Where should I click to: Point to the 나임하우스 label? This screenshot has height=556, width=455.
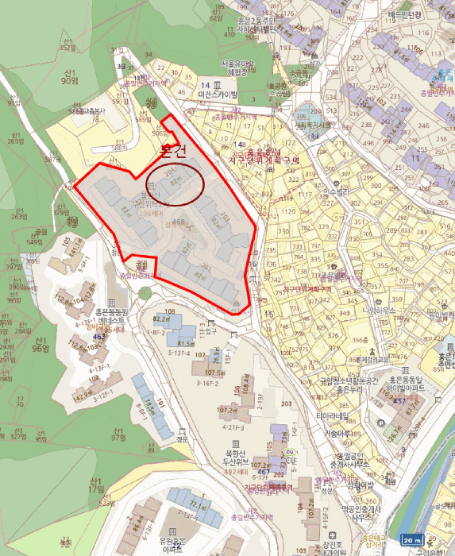click(378, 311)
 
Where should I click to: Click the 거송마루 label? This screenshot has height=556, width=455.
click(339, 434)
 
